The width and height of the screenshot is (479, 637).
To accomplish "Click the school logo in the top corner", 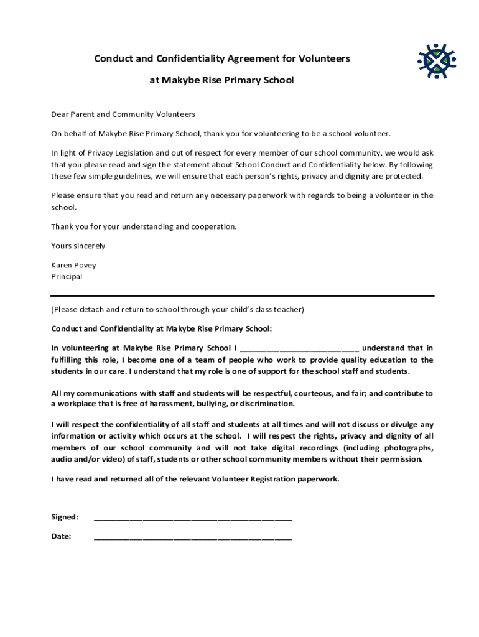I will [x=437, y=62].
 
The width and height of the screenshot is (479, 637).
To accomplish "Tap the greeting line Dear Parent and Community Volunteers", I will [x=123, y=114].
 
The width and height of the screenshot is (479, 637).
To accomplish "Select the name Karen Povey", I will [x=73, y=265].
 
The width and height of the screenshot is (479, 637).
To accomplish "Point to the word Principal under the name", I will [x=66, y=277].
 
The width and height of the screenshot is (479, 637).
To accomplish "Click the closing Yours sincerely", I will [x=78, y=246].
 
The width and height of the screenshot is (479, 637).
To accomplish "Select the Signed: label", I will [x=64, y=517].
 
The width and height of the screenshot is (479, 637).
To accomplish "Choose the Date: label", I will [x=61, y=536].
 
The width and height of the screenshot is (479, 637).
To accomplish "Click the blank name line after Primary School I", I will [x=299, y=349].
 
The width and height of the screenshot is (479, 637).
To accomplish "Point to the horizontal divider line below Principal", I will [x=242, y=296].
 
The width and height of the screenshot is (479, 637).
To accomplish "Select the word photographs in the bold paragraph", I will [x=406, y=448].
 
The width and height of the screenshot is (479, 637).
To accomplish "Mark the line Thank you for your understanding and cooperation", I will [x=144, y=226].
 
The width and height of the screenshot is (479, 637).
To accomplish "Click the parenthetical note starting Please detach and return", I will [x=177, y=309].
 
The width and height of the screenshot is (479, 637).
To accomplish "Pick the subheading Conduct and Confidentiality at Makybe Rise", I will [x=161, y=328].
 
